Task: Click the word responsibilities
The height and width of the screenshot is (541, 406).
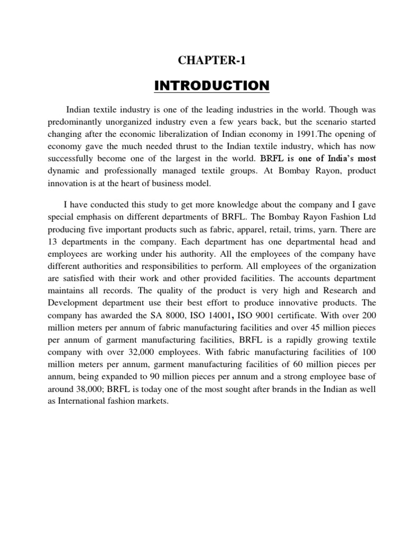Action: (x=181, y=266)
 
